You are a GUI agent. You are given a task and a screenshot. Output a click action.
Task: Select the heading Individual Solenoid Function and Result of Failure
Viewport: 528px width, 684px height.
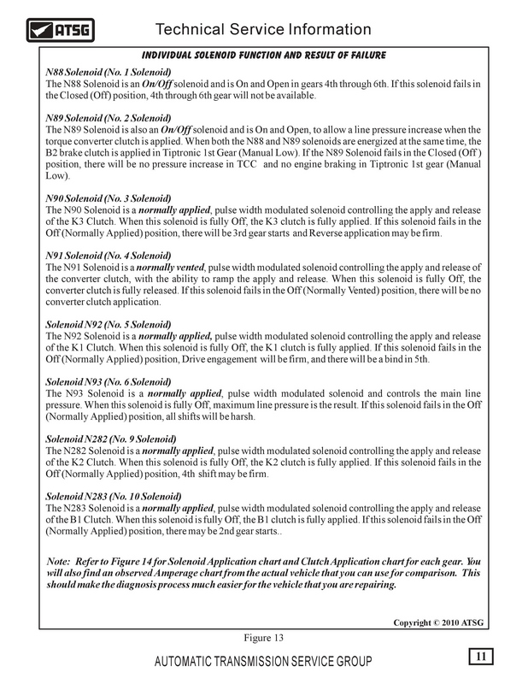coord(263,56)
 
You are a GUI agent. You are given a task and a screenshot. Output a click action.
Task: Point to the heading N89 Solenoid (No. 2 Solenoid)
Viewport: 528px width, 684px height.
coord(108,117)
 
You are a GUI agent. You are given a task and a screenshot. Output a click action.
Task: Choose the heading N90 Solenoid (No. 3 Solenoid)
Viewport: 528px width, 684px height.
coord(108,198)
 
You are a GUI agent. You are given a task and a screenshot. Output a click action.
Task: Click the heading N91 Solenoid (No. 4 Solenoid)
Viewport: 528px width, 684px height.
coord(108,256)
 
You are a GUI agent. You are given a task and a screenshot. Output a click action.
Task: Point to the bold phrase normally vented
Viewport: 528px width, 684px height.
coord(178,268)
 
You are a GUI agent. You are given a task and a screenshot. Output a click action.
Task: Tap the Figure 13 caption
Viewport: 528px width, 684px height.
coord(262,637)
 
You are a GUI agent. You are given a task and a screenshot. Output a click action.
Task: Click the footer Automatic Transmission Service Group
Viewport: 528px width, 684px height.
coord(262,663)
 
